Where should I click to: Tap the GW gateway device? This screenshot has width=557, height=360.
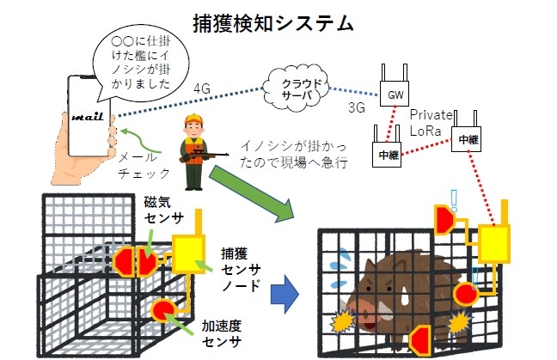click(x=396, y=93)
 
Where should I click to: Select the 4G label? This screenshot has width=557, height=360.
click(x=203, y=89)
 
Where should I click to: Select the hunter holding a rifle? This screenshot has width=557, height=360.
click(x=195, y=150)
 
